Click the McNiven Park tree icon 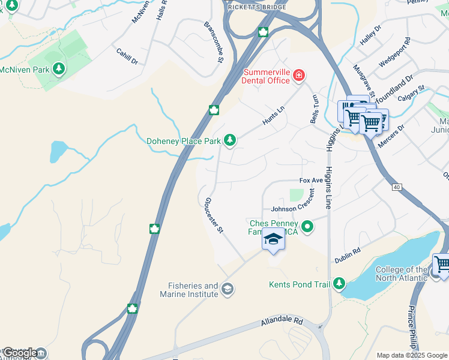[59, 70]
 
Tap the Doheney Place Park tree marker [229, 140]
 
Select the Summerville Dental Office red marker [298, 76]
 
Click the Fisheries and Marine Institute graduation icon [227, 290]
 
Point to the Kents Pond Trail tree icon [339, 282]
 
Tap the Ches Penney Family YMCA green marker [307, 227]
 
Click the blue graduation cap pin [273, 239]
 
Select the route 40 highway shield [397, 187]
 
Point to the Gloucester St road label [214, 214]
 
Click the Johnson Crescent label [292, 209]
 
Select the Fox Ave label [312, 181]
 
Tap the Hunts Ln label [273, 116]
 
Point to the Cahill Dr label [127, 57]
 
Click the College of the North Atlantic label [402, 274]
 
